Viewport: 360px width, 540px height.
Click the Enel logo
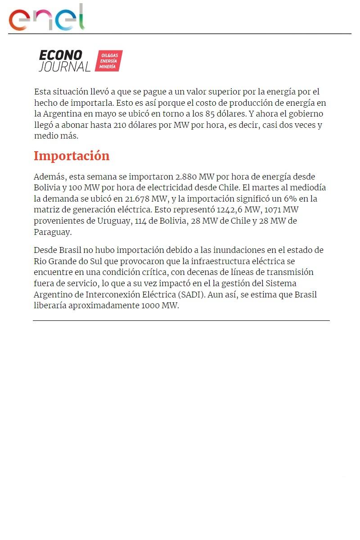[x=47, y=18]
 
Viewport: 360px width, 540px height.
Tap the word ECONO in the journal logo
[x=61, y=55]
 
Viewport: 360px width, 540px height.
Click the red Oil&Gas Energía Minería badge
[x=108, y=61]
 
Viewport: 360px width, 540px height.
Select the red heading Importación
[x=72, y=156]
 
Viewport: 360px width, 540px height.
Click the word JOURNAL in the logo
[x=65, y=67]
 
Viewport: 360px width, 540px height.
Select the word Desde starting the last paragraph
[x=45, y=250]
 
